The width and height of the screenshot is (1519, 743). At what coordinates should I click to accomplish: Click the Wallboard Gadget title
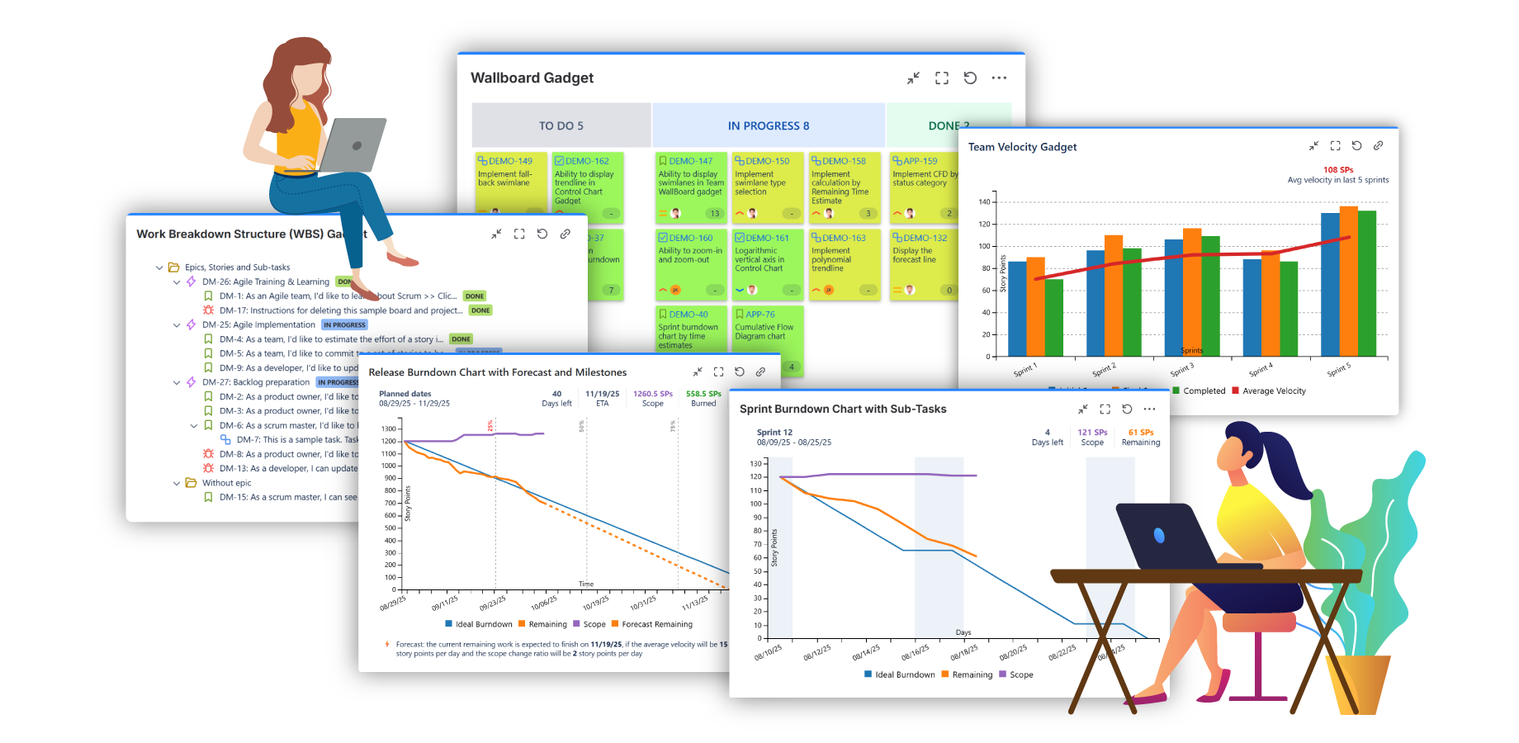(x=532, y=78)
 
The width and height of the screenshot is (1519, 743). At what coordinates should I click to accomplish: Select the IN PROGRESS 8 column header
(x=768, y=125)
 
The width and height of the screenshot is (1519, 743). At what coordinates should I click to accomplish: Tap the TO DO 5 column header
(x=561, y=125)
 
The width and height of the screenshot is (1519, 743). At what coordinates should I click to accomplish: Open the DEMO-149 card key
(x=510, y=161)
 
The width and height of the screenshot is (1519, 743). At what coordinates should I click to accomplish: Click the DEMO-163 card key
(x=844, y=238)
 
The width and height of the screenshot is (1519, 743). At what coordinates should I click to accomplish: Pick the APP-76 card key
(x=759, y=315)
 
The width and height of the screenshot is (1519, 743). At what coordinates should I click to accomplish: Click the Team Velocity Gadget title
(x=1022, y=147)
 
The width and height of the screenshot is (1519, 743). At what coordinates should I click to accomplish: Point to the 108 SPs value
(x=1338, y=170)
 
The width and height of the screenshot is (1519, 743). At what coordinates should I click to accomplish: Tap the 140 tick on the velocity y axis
(x=984, y=201)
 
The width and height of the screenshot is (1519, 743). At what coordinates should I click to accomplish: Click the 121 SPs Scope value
(x=1092, y=433)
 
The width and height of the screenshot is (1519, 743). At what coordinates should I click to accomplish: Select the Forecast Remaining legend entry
(x=656, y=624)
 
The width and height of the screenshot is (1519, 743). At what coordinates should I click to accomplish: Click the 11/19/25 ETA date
(x=602, y=394)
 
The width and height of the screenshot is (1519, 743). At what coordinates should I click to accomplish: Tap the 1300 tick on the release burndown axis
(x=389, y=428)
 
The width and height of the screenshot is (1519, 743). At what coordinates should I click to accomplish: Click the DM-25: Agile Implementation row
(x=258, y=325)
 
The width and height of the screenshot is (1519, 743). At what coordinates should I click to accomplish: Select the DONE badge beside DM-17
(x=480, y=310)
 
